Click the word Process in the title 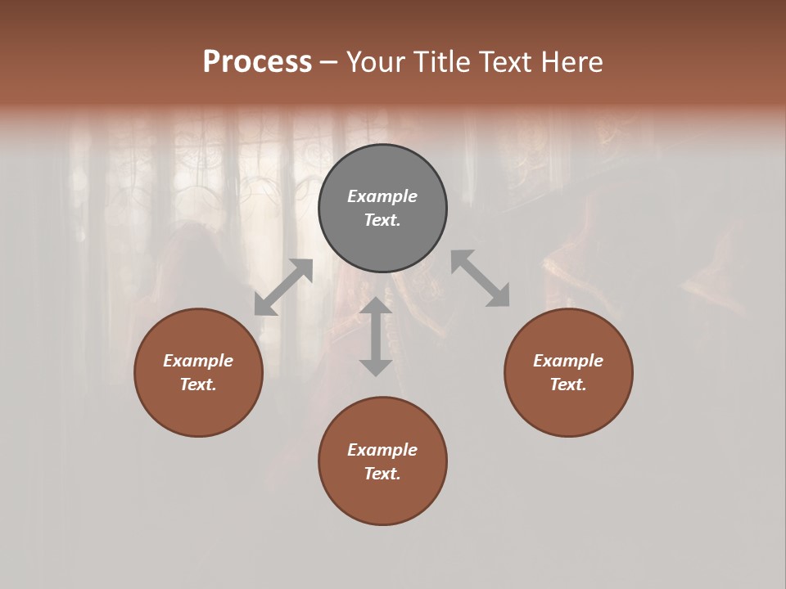[x=257, y=62]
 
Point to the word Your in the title [x=376, y=62]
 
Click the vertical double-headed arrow [x=376, y=336]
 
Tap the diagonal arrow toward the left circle [x=283, y=287]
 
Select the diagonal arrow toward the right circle [x=481, y=278]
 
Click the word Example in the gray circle [x=382, y=196]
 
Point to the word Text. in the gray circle [x=382, y=220]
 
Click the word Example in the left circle [x=198, y=361]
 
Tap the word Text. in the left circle [x=198, y=384]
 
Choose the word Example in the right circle [x=568, y=361]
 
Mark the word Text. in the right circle [x=568, y=384]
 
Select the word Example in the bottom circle [x=382, y=450]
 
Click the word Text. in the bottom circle [x=382, y=474]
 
